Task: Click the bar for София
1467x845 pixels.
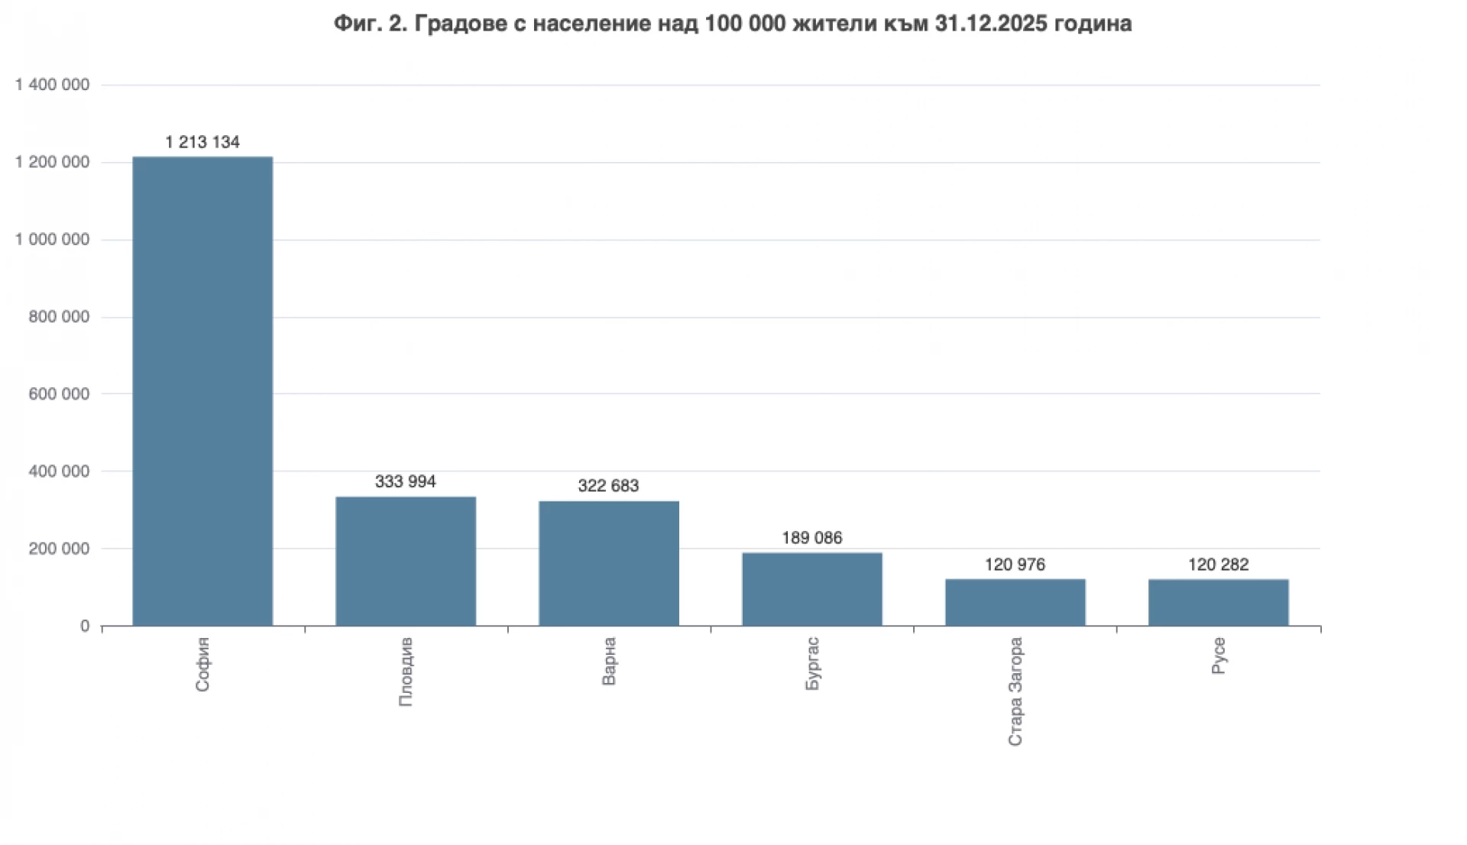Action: [202, 391]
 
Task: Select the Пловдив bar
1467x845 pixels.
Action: [406, 562]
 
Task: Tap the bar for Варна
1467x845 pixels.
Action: [609, 564]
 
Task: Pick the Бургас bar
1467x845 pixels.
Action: [812, 589]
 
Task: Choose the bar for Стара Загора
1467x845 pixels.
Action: [1015, 603]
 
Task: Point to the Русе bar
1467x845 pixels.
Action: [1219, 603]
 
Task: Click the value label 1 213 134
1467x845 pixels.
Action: [202, 142]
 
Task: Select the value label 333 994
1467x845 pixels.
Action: [406, 481]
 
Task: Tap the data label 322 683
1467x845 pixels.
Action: [608, 486]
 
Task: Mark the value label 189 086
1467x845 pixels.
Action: [812, 538]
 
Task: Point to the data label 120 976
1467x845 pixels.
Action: [1015, 565]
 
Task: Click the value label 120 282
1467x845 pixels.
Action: [1219, 565]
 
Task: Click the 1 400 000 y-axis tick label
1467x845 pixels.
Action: [52, 85]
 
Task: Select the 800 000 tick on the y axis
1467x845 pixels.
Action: [59, 317]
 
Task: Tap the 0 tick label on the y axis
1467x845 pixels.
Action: [85, 626]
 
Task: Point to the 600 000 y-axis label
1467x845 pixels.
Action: [59, 394]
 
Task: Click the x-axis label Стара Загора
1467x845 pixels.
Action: [1015, 691]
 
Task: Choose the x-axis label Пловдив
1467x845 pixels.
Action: [406, 672]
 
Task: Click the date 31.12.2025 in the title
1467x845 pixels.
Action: [990, 24]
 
